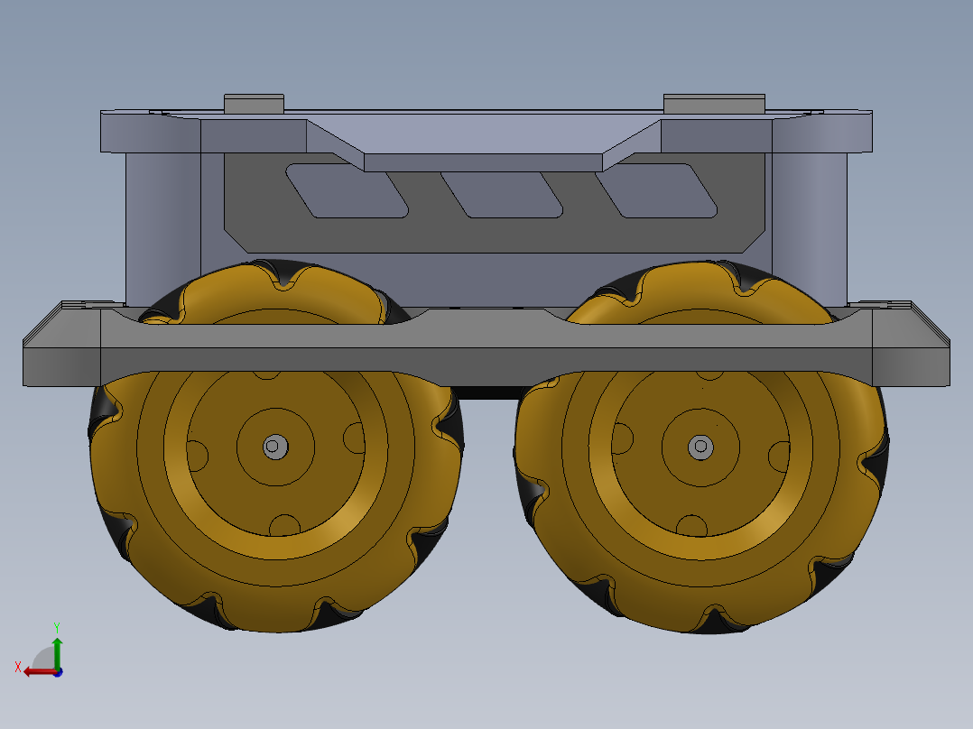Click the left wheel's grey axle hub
point(275,447)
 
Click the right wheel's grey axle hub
point(700,446)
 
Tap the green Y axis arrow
point(57,653)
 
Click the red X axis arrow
point(41,672)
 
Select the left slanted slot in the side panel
point(347,191)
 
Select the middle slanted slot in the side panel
point(502,195)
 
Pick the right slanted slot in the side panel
point(656,191)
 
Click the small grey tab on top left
point(254,104)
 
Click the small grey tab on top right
point(714,104)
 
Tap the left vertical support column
point(162,229)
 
